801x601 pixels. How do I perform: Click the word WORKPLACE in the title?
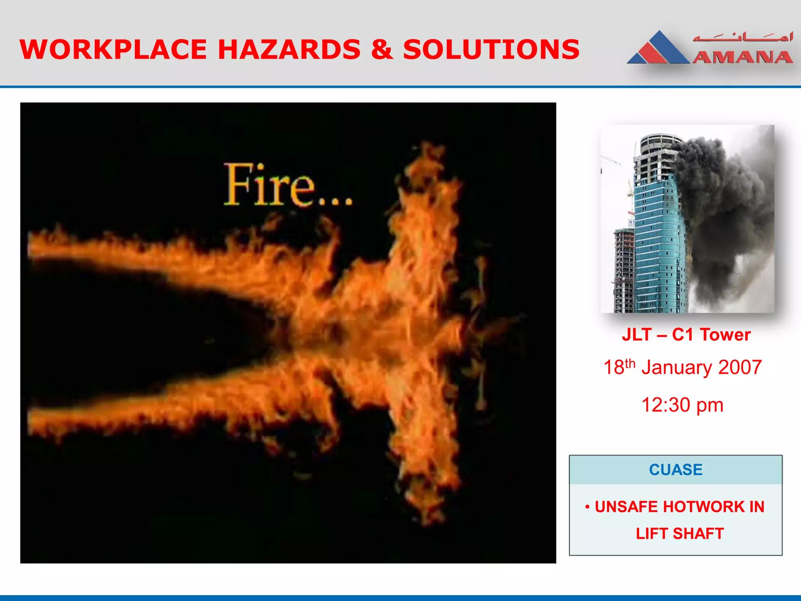pos(113,50)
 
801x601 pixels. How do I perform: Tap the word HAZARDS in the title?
pos(289,50)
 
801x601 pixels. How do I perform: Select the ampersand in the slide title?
pos(382,50)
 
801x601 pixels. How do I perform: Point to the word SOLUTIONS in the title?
pos(491,50)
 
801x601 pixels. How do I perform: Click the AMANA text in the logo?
pos(742,58)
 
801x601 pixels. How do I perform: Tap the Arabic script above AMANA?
pos(742,38)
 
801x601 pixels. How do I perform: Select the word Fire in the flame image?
pos(270,185)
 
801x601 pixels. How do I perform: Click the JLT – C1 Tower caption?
pos(686,335)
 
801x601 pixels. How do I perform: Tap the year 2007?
pos(740,368)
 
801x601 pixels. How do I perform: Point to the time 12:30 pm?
pos(682,405)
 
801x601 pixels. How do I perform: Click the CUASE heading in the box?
pos(676,470)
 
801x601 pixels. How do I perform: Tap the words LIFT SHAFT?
pos(680,534)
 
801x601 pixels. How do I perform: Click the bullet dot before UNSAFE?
pos(587,507)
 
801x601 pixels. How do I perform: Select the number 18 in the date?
pos(613,368)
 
